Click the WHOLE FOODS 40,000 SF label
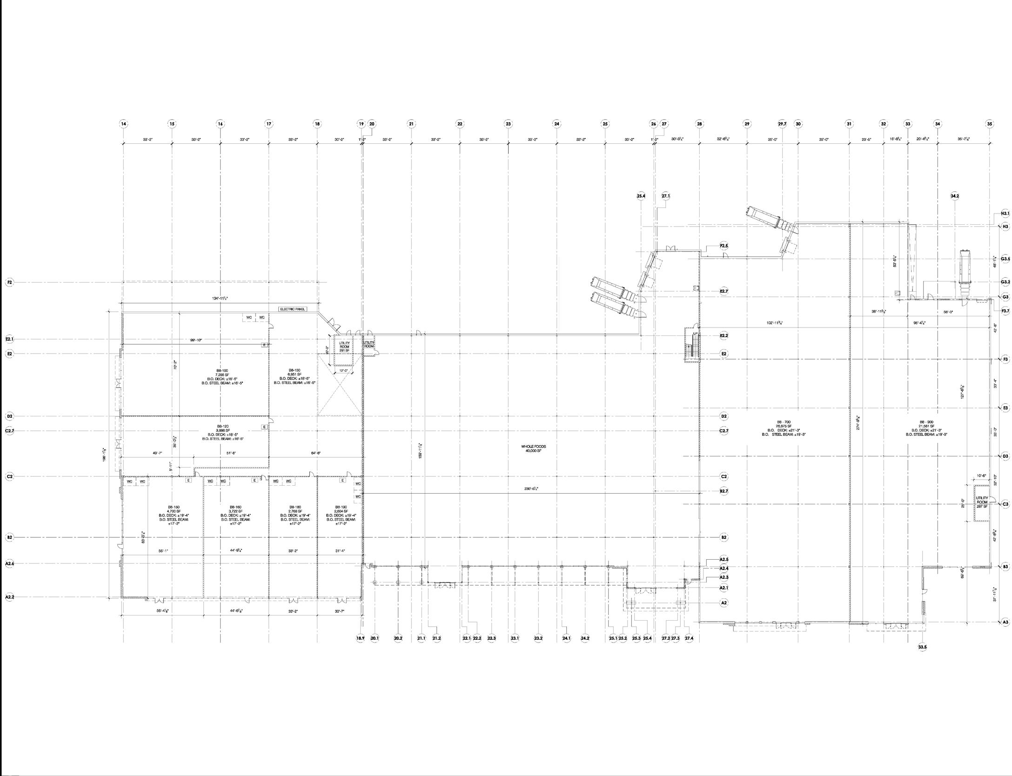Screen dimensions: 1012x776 click(533, 448)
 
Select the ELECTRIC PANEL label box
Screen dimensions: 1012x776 click(293, 309)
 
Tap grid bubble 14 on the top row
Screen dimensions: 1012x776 click(123, 124)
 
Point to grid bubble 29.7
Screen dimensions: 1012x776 click(782, 124)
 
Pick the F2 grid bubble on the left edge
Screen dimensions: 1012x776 click(9, 282)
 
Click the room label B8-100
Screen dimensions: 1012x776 click(222, 371)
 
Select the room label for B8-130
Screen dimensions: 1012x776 click(295, 371)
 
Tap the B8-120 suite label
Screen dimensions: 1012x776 click(223, 426)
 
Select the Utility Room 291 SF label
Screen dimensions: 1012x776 click(344, 347)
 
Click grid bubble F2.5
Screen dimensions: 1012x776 click(724, 246)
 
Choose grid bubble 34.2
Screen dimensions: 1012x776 click(955, 196)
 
